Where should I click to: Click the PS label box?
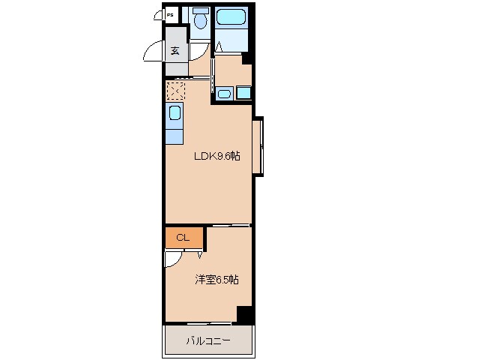[x=170, y=14]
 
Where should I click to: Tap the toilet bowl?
[x=200, y=23]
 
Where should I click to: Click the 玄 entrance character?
[x=175, y=52]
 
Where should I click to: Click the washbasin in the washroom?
[x=223, y=94]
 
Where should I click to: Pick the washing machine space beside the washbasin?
[x=243, y=94]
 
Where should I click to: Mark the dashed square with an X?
[x=175, y=91]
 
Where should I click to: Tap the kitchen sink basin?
[x=174, y=114]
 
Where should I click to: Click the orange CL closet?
[x=184, y=238]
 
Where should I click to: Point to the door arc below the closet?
[x=172, y=258]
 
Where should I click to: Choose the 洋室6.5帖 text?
[x=217, y=280]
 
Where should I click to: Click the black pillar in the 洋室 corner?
[x=243, y=314]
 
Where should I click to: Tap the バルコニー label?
[x=208, y=341]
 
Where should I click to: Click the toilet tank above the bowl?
[x=200, y=10]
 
